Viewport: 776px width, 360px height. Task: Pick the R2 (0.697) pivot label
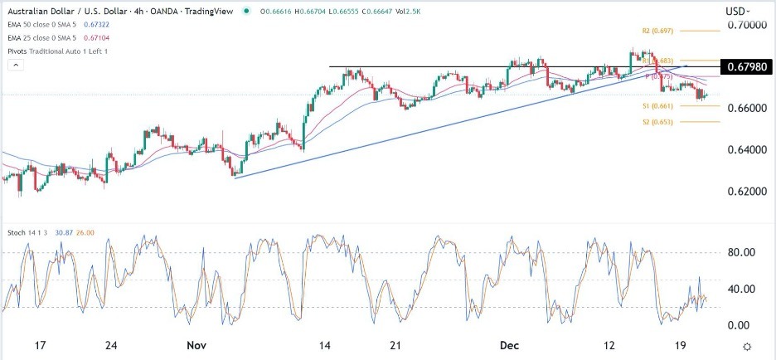coord(657,30)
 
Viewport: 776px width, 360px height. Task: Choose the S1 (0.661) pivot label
coord(657,105)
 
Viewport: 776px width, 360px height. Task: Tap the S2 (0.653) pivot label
coord(657,121)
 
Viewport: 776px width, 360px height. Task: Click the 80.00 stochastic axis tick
coord(737,252)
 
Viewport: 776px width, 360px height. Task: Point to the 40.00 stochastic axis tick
coord(737,289)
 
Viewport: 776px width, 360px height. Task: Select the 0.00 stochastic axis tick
coord(740,324)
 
